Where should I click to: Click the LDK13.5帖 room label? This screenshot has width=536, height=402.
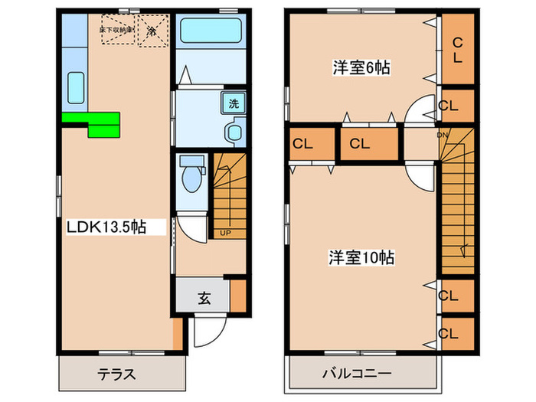point(106,227)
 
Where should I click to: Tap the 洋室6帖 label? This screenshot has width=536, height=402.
point(361,67)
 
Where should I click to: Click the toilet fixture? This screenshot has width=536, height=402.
point(189,177)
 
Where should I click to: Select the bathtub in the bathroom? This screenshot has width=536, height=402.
point(208,33)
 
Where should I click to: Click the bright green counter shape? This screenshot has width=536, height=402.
point(97,123)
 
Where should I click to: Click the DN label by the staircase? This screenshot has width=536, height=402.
point(442,136)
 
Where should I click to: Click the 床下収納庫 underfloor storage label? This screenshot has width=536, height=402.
point(116,30)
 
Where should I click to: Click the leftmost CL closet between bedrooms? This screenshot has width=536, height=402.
point(303,142)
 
